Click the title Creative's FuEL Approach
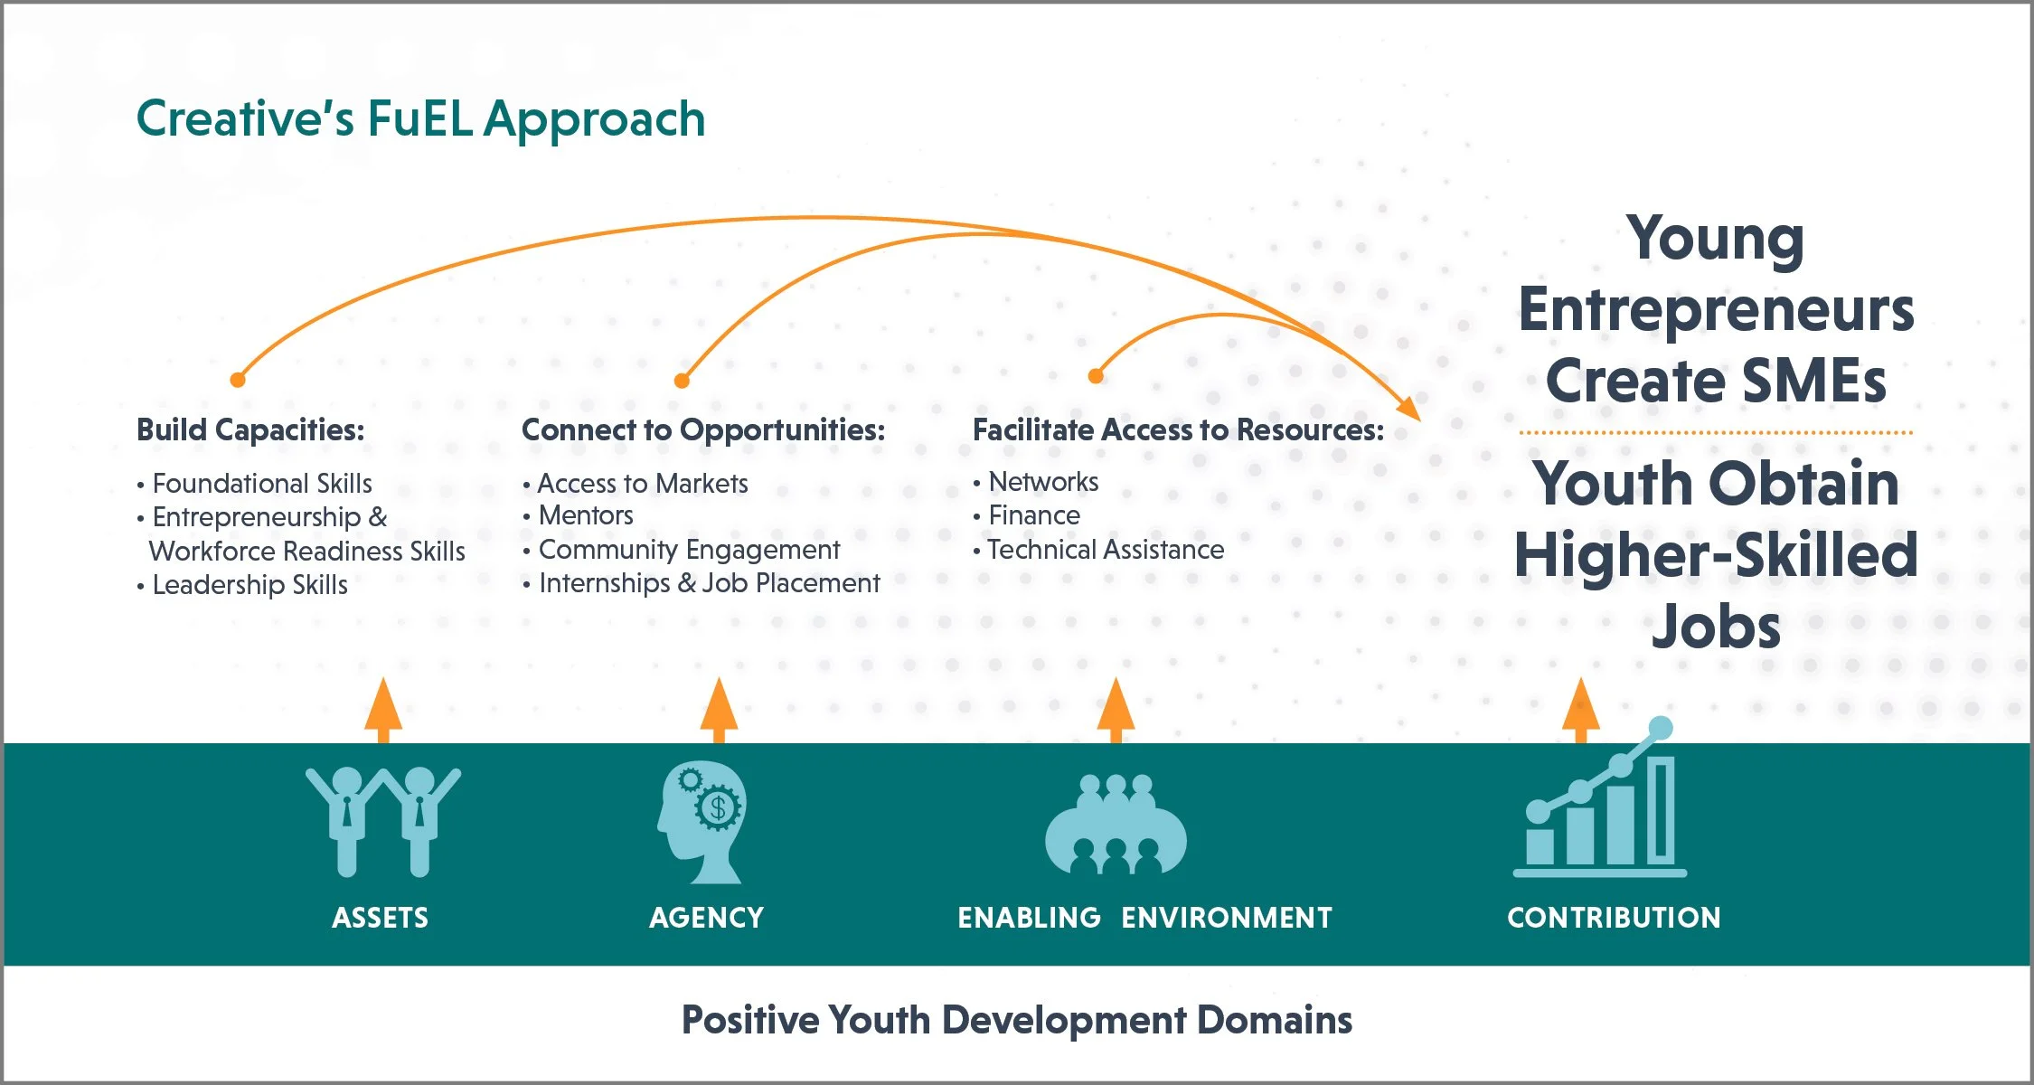(420, 119)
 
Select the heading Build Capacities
(250, 429)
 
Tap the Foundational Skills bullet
(261, 484)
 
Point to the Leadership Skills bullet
(250, 585)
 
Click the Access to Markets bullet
(642, 484)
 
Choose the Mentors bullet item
(586, 515)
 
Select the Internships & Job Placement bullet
(709, 583)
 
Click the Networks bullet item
(1043, 482)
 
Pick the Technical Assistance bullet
(1105, 550)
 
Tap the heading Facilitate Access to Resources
(1178, 429)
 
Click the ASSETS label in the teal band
(380, 918)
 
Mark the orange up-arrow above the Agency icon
(719, 710)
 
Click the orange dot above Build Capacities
(238, 380)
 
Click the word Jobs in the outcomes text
(1716, 627)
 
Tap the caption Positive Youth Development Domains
(1017, 1020)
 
